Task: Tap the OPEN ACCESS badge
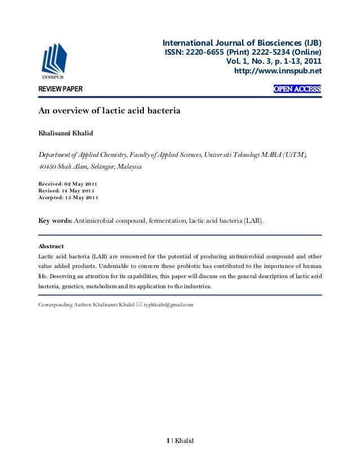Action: pyautogui.click(x=297, y=89)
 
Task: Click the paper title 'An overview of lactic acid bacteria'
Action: pyautogui.click(x=109, y=111)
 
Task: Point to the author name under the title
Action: pyautogui.click(x=67, y=133)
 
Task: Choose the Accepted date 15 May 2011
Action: pyautogui.click(x=82, y=197)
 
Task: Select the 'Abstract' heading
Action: pyautogui.click(x=50, y=247)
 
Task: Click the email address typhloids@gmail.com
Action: pyautogui.click(x=169, y=305)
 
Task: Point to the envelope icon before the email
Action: pyautogui.click(x=139, y=305)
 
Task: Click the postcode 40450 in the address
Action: pyautogui.click(x=47, y=167)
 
